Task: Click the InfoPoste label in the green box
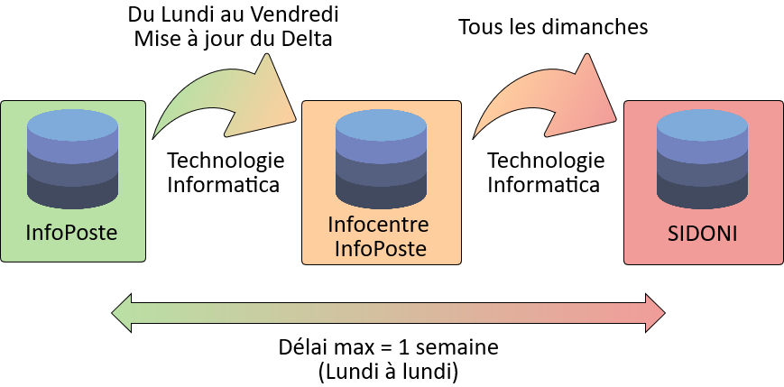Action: [x=72, y=234]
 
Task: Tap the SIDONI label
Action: [x=703, y=234]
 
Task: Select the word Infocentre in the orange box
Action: [x=380, y=224]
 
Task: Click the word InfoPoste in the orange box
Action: [x=380, y=248]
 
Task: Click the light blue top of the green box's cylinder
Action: [x=72, y=124]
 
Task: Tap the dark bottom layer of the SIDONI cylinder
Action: [x=703, y=192]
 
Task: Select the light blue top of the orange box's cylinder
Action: [x=381, y=125]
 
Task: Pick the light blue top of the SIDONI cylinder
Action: [x=703, y=124]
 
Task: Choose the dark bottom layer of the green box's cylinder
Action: [x=72, y=192]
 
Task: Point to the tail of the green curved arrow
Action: [x=159, y=131]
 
